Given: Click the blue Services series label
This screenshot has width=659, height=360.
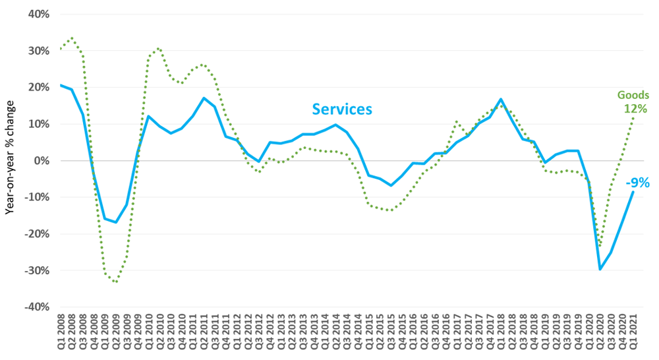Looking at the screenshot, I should (342, 109).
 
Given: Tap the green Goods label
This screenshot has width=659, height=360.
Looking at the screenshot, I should (633, 95).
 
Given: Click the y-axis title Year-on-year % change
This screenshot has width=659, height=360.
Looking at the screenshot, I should (11, 161).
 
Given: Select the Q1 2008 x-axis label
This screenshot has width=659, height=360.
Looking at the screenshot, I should (61, 334).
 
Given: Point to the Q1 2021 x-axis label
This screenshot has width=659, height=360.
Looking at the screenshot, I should (633, 334).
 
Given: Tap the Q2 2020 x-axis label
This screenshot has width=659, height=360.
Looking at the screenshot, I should (600, 334).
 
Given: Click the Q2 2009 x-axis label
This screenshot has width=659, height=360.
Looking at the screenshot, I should (116, 334).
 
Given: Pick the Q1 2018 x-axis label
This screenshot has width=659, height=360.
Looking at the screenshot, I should (501, 334).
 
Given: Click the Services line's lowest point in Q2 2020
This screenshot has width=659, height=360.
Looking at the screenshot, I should (600, 269).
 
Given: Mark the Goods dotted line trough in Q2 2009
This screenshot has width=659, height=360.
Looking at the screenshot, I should (116, 282).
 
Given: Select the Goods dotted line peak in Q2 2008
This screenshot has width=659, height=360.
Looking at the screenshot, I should (72, 38).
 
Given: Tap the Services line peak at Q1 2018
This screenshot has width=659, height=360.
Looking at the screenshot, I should (501, 100).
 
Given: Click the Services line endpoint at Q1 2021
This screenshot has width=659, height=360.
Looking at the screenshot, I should (633, 192).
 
